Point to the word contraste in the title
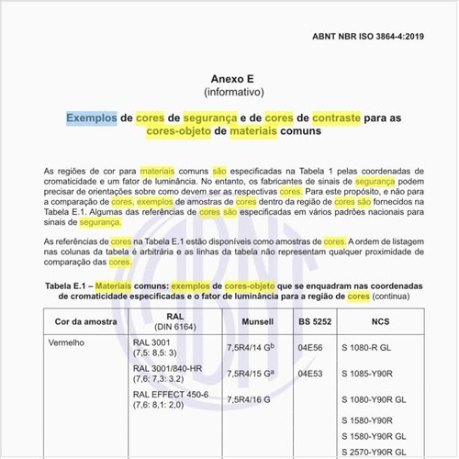(341, 118)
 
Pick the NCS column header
(379, 322)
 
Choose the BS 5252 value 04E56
(309, 348)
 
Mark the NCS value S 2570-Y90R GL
(376, 452)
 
